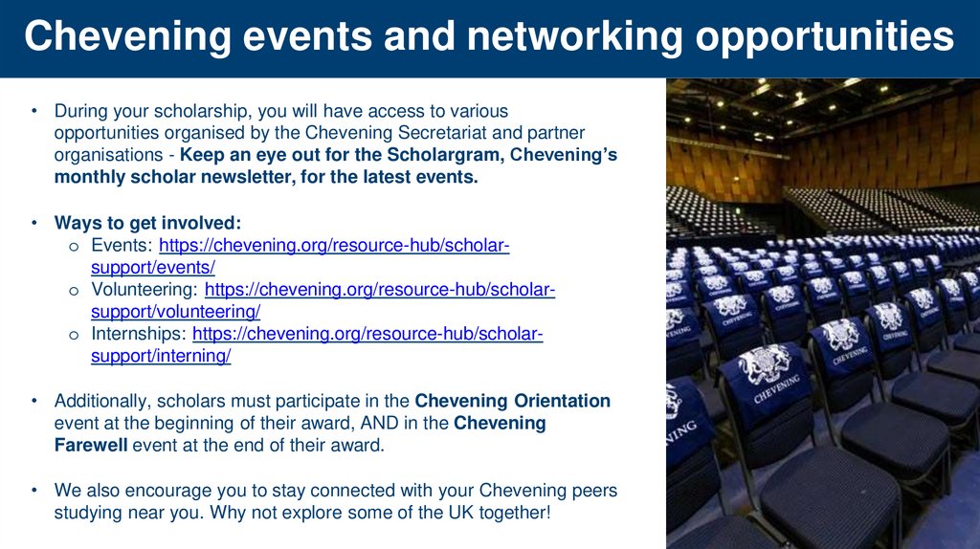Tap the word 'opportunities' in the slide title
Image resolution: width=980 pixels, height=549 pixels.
click(824, 37)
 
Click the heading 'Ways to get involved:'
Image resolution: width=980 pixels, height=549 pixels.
click(147, 223)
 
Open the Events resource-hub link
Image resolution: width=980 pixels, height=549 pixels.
click(334, 246)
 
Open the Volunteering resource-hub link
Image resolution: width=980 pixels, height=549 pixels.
click(380, 289)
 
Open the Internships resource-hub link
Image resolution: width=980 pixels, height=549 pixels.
click(367, 334)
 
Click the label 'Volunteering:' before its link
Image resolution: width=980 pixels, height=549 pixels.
click(144, 289)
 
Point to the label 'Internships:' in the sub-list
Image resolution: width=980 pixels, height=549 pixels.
click(138, 334)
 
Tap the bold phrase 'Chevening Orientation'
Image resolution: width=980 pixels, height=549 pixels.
click(512, 401)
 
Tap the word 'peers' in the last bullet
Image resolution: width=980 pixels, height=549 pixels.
click(593, 491)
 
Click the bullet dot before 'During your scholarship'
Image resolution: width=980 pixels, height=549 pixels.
click(33, 112)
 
